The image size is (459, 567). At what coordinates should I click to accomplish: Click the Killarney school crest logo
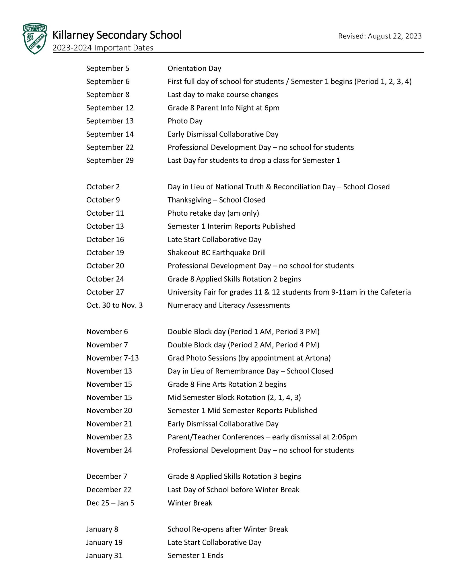35,39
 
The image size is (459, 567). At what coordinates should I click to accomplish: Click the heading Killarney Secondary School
117,35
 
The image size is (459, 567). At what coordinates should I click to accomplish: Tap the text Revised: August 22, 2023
380,36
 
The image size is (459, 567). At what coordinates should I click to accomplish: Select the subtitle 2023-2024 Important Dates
103,48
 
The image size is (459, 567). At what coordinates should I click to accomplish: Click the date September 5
108,69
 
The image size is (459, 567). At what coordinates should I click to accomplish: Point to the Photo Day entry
185,121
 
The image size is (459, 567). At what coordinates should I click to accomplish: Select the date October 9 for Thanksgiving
103,200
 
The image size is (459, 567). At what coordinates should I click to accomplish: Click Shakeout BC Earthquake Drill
217,253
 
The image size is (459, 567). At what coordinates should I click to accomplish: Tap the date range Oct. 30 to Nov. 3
114,305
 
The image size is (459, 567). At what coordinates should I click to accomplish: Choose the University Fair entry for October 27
289,292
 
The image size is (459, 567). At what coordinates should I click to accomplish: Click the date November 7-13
112,358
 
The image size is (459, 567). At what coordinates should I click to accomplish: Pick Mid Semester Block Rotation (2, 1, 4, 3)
234,398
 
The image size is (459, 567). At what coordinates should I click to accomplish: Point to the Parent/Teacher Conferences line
262,437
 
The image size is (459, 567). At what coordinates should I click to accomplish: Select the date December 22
109,490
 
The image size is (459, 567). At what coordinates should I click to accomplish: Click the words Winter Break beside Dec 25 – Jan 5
190,503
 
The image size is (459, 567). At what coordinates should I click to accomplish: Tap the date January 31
104,556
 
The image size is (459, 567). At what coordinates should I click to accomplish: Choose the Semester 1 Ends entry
195,556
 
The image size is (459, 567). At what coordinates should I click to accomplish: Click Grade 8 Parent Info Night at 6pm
223,108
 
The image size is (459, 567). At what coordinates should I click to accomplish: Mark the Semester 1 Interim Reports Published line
231,226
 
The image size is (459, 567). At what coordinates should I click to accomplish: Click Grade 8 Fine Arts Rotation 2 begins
227,384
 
